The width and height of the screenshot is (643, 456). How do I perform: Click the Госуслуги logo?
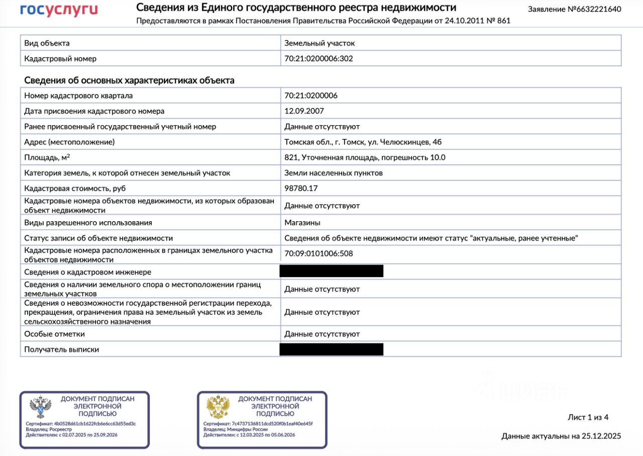[59, 10]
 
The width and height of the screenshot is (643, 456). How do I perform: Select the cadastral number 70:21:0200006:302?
[318, 58]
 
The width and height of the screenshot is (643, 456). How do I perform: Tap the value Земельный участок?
[319, 43]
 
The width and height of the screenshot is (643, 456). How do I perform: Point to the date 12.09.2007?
[304, 111]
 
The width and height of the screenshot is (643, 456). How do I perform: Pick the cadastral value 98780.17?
[301, 189]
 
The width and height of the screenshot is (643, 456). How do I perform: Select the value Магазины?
[302, 223]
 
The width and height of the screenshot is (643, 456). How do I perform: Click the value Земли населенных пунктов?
[334, 173]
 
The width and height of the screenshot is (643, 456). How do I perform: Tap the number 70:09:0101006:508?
[318, 253]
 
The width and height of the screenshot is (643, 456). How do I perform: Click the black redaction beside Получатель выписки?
[332, 349]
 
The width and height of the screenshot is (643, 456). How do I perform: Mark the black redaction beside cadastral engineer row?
[332, 271]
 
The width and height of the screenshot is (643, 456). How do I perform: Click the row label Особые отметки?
[55, 334]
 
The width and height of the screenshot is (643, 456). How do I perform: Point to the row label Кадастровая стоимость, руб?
[75, 189]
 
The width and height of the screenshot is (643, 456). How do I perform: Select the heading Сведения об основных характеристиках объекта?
[129, 80]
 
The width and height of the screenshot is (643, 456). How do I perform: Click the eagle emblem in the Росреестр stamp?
[40, 408]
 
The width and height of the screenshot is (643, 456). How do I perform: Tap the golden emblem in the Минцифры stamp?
[218, 408]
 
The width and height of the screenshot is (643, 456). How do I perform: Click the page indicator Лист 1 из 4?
[588, 417]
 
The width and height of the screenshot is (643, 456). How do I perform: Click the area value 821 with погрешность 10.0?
[365, 157]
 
